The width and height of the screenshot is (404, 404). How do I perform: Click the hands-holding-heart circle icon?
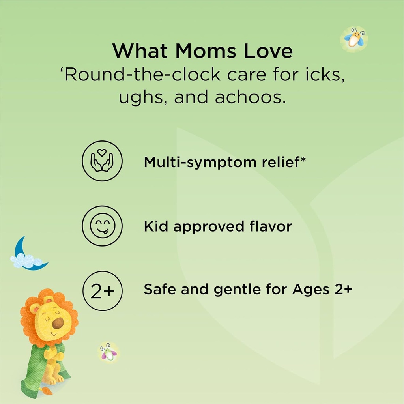click(x=102, y=161)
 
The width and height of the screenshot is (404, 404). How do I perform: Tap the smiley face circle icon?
click(x=102, y=226)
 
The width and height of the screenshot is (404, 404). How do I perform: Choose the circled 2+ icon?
click(x=102, y=291)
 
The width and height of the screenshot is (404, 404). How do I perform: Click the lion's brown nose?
click(x=58, y=323)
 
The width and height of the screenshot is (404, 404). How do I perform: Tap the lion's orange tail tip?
click(x=47, y=391)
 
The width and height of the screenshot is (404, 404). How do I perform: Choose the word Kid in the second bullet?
click(x=156, y=226)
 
